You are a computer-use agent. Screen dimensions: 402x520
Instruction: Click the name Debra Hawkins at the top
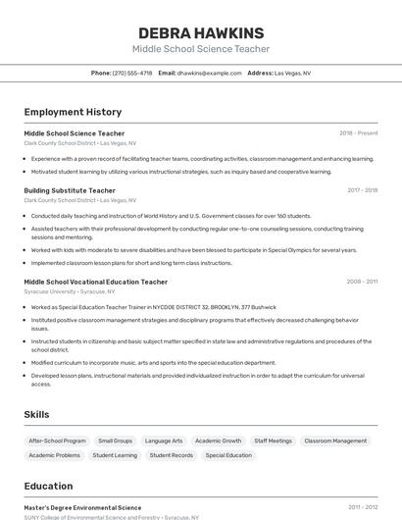(x=201, y=32)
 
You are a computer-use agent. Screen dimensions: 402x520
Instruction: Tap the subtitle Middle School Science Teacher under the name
(x=201, y=49)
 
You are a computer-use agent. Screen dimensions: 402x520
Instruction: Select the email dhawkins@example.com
(x=209, y=73)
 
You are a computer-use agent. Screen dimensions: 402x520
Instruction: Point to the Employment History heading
(x=73, y=112)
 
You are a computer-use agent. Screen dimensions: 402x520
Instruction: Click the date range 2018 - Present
(x=358, y=133)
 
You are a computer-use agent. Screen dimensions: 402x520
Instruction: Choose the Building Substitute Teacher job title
(x=70, y=190)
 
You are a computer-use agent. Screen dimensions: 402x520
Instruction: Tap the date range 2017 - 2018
(x=362, y=190)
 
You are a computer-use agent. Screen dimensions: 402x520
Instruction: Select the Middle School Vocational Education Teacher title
(x=95, y=282)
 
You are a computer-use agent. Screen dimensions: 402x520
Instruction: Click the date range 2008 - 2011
(x=362, y=282)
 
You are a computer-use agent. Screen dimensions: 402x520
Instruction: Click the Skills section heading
(x=36, y=414)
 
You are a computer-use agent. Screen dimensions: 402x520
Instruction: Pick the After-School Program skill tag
(x=57, y=442)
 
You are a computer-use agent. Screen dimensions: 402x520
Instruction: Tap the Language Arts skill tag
(x=164, y=442)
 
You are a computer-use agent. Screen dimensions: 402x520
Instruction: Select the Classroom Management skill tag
(x=335, y=442)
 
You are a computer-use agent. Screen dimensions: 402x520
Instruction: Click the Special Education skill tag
(x=228, y=455)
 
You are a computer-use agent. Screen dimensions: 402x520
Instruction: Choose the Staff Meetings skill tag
(x=273, y=442)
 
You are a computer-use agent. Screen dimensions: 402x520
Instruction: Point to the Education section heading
(x=48, y=486)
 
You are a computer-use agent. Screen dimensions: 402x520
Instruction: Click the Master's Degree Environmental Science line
(x=82, y=508)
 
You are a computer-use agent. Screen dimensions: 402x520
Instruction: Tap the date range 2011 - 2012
(x=362, y=508)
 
